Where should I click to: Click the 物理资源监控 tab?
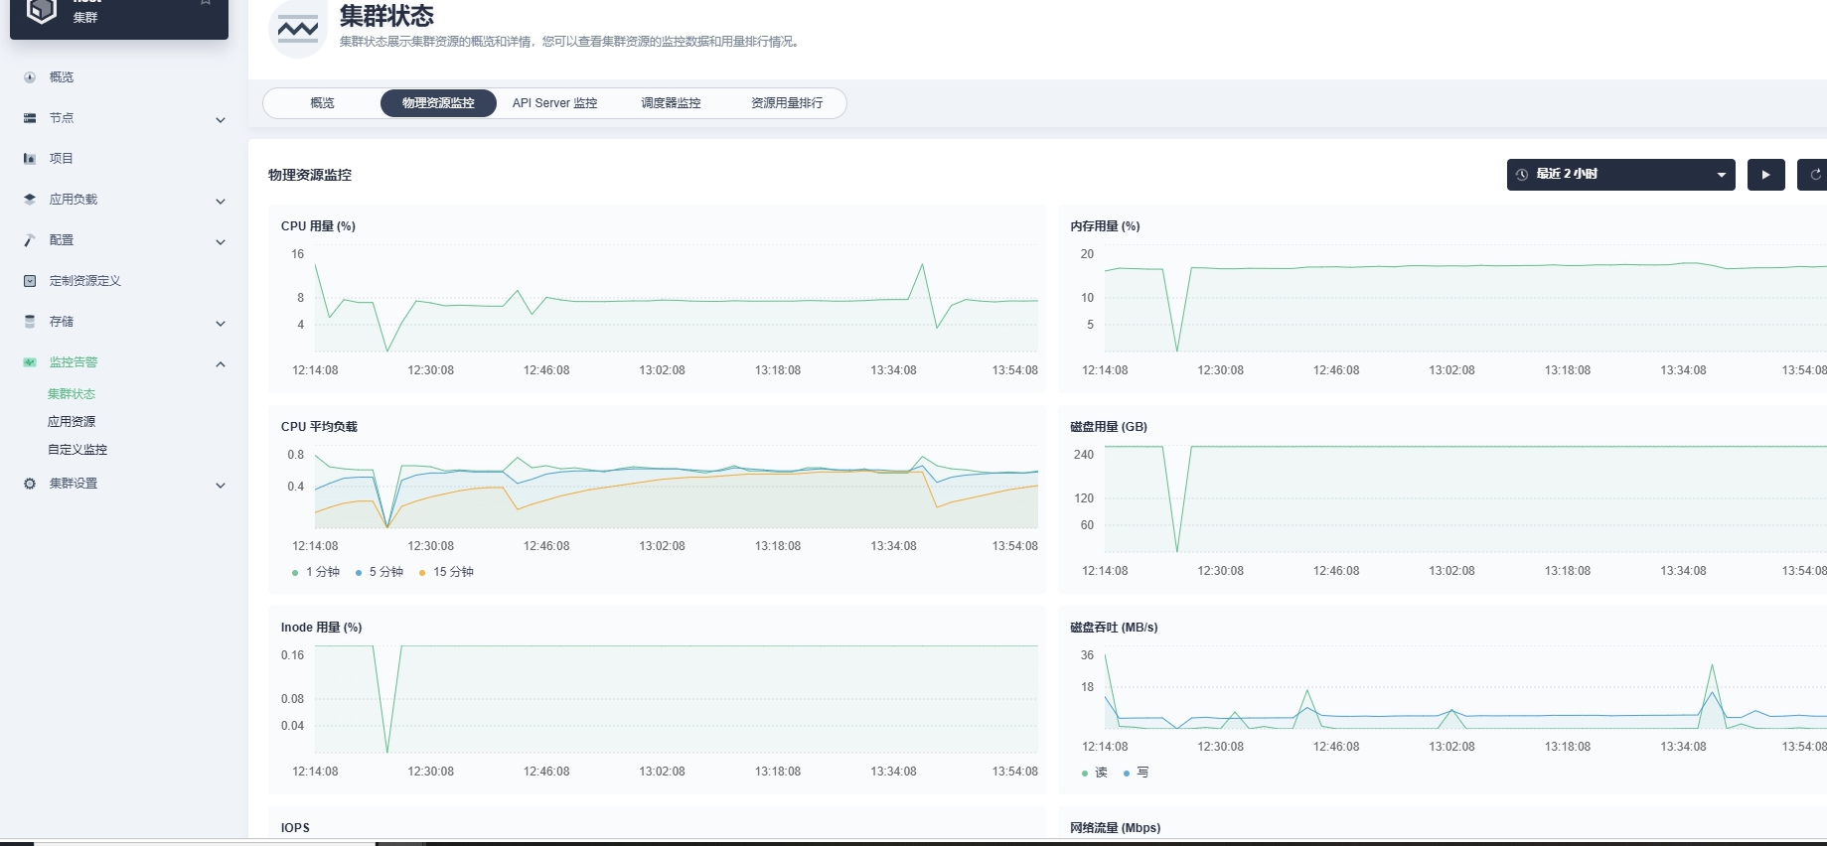click(438, 103)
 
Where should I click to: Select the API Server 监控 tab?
click(554, 103)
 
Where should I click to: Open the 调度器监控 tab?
click(671, 103)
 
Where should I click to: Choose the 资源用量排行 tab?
click(787, 103)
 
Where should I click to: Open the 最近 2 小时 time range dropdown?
click(1620, 175)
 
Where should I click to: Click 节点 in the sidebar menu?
click(62, 118)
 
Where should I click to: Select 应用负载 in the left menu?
click(74, 200)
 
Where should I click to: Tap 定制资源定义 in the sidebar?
click(85, 281)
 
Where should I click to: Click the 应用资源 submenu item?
click(72, 422)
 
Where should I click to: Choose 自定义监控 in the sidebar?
click(77, 450)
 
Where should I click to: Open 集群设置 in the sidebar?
click(74, 484)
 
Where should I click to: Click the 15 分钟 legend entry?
click(447, 572)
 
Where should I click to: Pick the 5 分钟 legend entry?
click(380, 572)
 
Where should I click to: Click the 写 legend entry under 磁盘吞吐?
click(1137, 773)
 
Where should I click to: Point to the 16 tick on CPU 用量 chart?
click(297, 254)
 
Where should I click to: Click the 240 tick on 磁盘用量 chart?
click(1083, 455)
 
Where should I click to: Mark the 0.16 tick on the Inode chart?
click(292, 655)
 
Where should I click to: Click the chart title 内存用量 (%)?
click(1105, 226)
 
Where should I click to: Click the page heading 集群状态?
click(386, 16)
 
